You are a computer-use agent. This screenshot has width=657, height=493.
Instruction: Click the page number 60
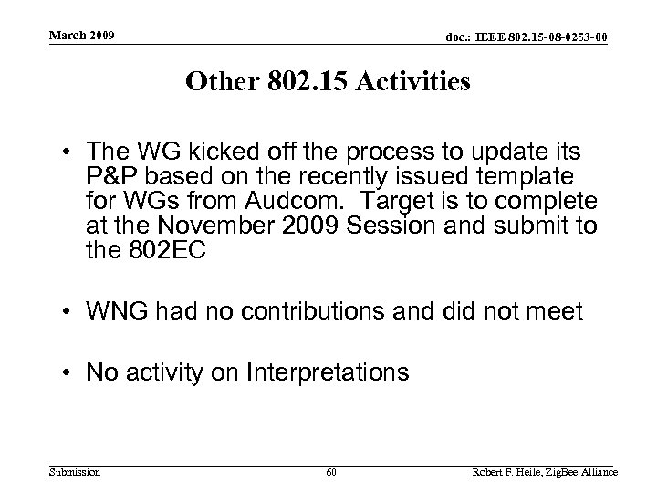click(330, 472)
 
